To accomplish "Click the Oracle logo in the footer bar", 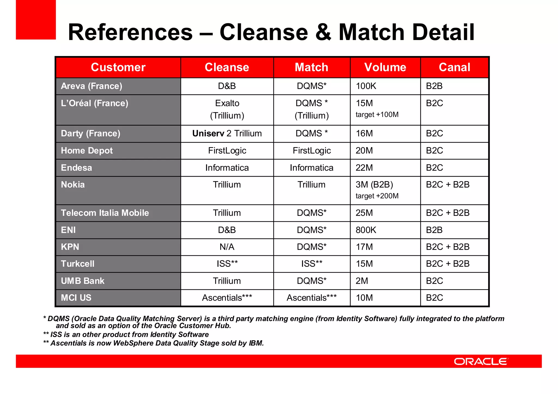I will coord(481,361).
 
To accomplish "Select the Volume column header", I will coord(385,67).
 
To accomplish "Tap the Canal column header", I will coord(454,67).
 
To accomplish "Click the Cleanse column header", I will coord(227,67).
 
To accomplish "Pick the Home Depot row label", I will coord(87,151).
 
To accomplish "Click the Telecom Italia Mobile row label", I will coord(105,213).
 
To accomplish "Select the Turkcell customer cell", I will coord(78,264).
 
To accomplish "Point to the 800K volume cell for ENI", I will coord(366,230).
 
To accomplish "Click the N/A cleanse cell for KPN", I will coord(227,247).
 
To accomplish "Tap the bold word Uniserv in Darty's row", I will coord(208,133).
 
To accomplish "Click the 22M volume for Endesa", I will coord(364,168).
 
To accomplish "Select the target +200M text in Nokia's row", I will coord(377,196).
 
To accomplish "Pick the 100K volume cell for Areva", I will coord(366,86).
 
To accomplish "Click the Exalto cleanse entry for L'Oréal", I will coord(227,103).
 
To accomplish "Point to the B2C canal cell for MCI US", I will coord(434,298).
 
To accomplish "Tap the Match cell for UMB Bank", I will coord(311,281).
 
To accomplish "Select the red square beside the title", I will coord(36,20).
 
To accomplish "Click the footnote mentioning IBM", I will coord(154,343).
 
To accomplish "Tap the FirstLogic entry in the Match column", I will coord(311,151).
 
